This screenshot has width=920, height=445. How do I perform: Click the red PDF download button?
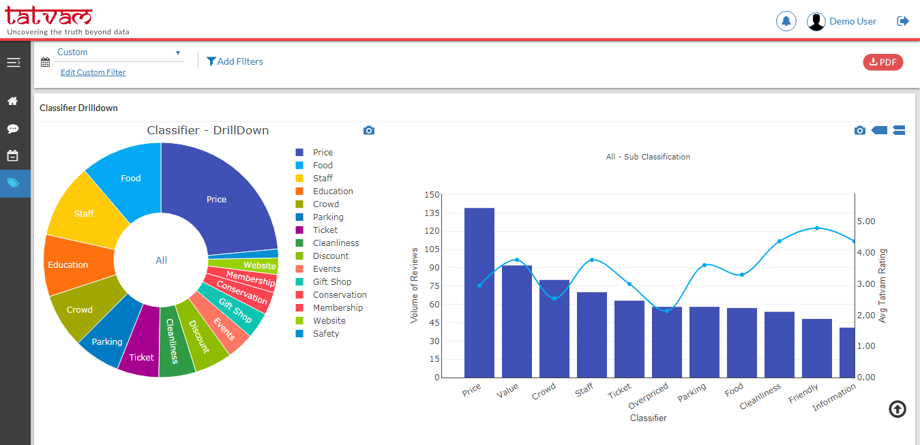pos(882,62)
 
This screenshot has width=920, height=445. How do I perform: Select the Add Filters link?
pos(235,61)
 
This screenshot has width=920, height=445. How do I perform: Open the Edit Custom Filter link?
pos(93,72)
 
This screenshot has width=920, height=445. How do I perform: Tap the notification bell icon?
pos(786,21)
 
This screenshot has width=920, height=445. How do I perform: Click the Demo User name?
pos(852,21)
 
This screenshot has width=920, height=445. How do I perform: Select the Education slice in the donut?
pos(68,264)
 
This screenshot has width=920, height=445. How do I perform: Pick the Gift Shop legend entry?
pos(331,281)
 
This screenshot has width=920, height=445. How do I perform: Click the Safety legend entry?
pos(325,333)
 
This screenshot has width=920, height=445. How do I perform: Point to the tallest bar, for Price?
pos(479,293)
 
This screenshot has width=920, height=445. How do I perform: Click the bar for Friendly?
pos(816,348)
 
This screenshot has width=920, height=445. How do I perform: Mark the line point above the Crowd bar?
pos(554,298)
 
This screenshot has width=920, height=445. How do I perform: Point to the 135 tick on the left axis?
pos(432,213)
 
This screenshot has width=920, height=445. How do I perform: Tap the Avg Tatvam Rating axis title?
pos(882,286)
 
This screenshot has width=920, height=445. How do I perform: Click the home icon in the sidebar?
pos(12,101)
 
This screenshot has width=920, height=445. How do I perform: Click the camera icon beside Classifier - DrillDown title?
pos(369,130)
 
